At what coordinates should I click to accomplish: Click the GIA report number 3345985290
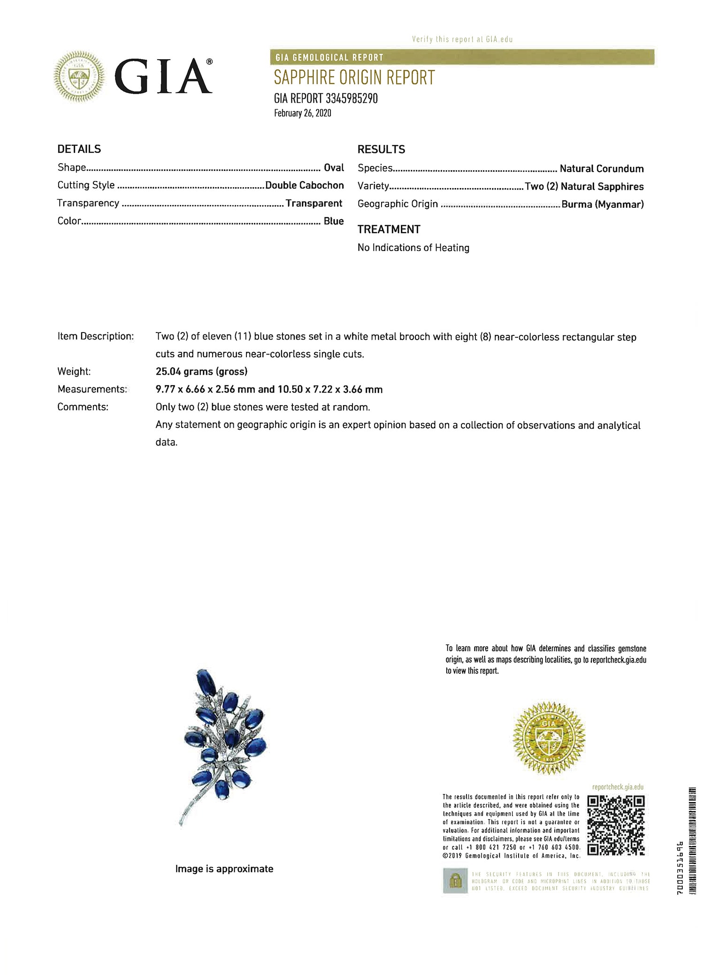click(326, 98)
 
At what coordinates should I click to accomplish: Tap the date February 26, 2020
click(303, 113)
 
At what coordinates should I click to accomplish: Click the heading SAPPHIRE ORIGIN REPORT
click(354, 77)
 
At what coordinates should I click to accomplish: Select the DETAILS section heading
click(79, 149)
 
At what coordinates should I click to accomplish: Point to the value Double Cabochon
click(304, 185)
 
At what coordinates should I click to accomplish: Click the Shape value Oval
click(334, 167)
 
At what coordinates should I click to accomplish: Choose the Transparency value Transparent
click(314, 203)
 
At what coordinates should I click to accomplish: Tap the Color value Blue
click(334, 221)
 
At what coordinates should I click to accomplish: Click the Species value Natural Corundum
click(601, 168)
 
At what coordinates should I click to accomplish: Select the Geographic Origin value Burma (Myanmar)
click(603, 204)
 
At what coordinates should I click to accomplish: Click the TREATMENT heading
click(389, 229)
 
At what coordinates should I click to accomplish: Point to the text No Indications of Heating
click(413, 248)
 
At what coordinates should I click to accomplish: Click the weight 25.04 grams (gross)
click(201, 371)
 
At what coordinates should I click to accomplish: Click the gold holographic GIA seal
click(549, 738)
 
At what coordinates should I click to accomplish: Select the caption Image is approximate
click(224, 869)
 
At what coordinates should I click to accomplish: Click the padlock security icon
click(455, 881)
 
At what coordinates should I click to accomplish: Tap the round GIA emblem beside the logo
click(79, 76)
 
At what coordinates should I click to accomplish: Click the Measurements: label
click(92, 389)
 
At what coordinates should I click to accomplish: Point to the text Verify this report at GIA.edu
click(462, 39)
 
